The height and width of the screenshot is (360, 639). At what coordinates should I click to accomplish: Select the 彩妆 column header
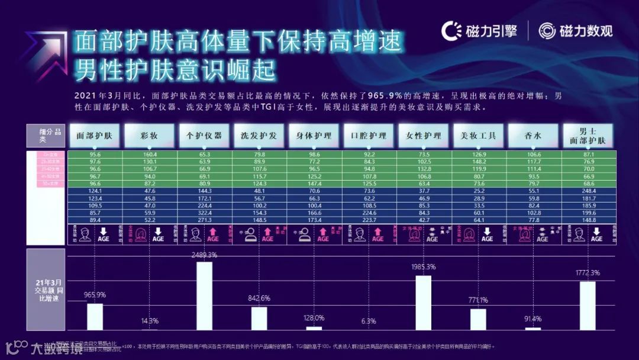tap(149, 135)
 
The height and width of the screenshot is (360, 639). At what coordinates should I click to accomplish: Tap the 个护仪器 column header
tap(204, 135)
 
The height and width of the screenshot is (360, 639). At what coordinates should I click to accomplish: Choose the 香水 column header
tap(533, 135)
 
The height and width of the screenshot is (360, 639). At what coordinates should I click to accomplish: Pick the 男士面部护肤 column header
tap(588, 135)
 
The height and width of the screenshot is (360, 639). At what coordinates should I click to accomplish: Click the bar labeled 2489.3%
tap(204, 295)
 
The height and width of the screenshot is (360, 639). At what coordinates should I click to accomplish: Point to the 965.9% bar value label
tap(95, 295)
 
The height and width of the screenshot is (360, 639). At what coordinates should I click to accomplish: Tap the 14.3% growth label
tap(150, 321)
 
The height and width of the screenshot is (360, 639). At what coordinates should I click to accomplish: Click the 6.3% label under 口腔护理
tap(368, 321)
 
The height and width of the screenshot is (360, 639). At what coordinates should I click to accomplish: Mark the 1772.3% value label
tap(588, 273)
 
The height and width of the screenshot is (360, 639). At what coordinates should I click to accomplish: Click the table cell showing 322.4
tap(204, 212)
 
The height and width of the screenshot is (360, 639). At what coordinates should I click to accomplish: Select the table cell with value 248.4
tap(588, 191)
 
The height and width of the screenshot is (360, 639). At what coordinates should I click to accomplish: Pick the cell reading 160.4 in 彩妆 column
tap(149, 155)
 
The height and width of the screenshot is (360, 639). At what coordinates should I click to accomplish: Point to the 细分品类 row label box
tap(46, 136)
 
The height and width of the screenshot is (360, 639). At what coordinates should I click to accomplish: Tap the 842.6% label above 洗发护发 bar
tap(259, 298)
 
